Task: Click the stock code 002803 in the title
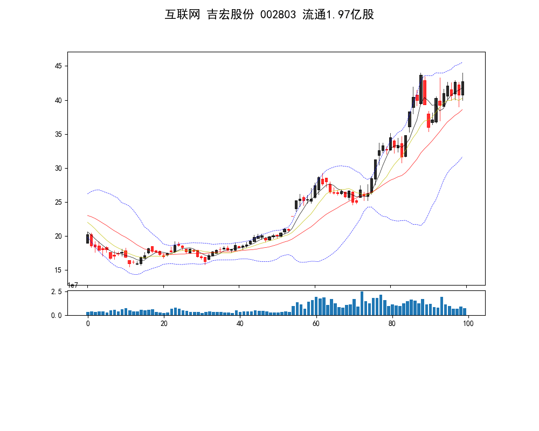(278, 15)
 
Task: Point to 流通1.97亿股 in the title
(338, 15)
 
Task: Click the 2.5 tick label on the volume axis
(57, 291)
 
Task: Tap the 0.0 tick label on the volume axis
(57, 315)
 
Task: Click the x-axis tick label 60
(316, 323)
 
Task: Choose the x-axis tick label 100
(468, 323)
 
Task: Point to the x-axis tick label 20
(164, 323)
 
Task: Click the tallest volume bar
(362, 303)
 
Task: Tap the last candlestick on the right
(462, 88)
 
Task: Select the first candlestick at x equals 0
(87, 239)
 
